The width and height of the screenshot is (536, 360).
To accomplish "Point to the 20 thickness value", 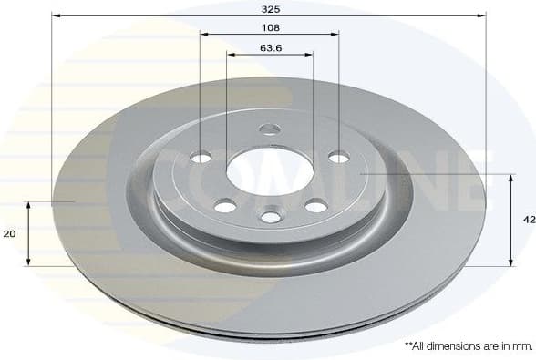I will pyautogui.click(x=10, y=234).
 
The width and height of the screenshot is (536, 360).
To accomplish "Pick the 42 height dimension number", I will pyautogui.click(x=527, y=220).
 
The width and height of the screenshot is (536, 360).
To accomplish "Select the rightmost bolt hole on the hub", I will pyautogui.click(x=338, y=157).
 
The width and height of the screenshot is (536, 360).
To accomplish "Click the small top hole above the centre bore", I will pyautogui.click(x=270, y=129).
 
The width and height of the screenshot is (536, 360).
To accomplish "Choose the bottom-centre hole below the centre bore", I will pyautogui.click(x=270, y=217).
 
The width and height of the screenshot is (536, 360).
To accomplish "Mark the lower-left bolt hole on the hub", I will pyautogui.click(x=224, y=207).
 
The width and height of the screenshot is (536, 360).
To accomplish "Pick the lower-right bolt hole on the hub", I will pyautogui.click(x=316, y=206).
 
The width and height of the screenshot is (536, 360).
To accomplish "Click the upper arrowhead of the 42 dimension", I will pyautogui.click(x=510, y=177).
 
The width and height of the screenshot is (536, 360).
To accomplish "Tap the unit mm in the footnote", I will pyautogui.click(x=522, y=346).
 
